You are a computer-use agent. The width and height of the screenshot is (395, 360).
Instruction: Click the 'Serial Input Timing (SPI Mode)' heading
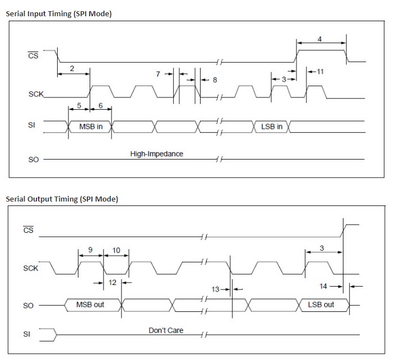click(x=58, y=13)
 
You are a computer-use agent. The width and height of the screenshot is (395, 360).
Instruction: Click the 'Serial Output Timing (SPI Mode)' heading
click(x=62, y=199)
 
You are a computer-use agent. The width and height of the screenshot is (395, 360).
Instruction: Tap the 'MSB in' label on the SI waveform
click(x=91, y=127)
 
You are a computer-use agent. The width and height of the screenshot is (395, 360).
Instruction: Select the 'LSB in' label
click(x=272, y=127)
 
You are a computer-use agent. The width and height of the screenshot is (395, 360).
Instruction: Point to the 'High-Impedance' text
click(x=156, y=153)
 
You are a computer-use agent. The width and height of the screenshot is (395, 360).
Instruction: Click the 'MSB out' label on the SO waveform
click(x=90, y=305)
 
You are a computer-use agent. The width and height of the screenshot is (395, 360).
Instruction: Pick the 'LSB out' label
click(x=321, y=305)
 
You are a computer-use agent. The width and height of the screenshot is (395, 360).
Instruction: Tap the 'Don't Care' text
click(x=166, y=330)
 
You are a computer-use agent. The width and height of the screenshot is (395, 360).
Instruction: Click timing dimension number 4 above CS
click(x=319, y=39)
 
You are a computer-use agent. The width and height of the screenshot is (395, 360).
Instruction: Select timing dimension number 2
click(x=72, y=68)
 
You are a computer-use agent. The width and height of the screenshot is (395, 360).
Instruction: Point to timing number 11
click(x=320, y=72)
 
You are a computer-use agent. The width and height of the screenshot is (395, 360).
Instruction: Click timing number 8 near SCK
click(x=214, y=80)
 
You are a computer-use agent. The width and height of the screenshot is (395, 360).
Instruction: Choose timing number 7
click(x=159, y=73)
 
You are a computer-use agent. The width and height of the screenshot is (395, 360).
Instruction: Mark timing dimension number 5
click(x=79, y=105)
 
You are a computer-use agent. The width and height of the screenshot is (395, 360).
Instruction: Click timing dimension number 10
click(x=117, y=250)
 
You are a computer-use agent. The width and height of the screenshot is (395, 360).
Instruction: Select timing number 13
click(x=215, y=289)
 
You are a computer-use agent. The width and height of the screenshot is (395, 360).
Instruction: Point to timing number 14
click(x=323, y=286)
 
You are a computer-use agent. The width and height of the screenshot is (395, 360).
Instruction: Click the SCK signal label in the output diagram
click(x=31, y=268)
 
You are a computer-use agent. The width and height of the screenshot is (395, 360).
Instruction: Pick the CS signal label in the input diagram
click(x=33, y=56)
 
